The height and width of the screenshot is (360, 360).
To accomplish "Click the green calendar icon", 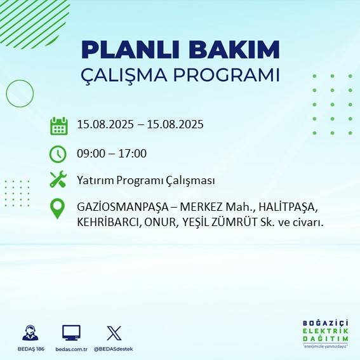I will [x=58, y=125].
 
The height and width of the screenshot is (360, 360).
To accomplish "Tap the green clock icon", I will [x=58, y=154].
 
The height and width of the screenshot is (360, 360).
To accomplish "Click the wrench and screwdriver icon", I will [x=58, y=180].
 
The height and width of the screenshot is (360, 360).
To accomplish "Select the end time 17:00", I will [x=133, y=153].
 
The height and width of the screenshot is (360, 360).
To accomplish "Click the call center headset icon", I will [x=30, y=333].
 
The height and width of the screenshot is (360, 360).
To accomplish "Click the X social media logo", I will [x=114, y=333].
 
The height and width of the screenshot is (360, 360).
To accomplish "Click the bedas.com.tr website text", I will [x=71, y=349].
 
